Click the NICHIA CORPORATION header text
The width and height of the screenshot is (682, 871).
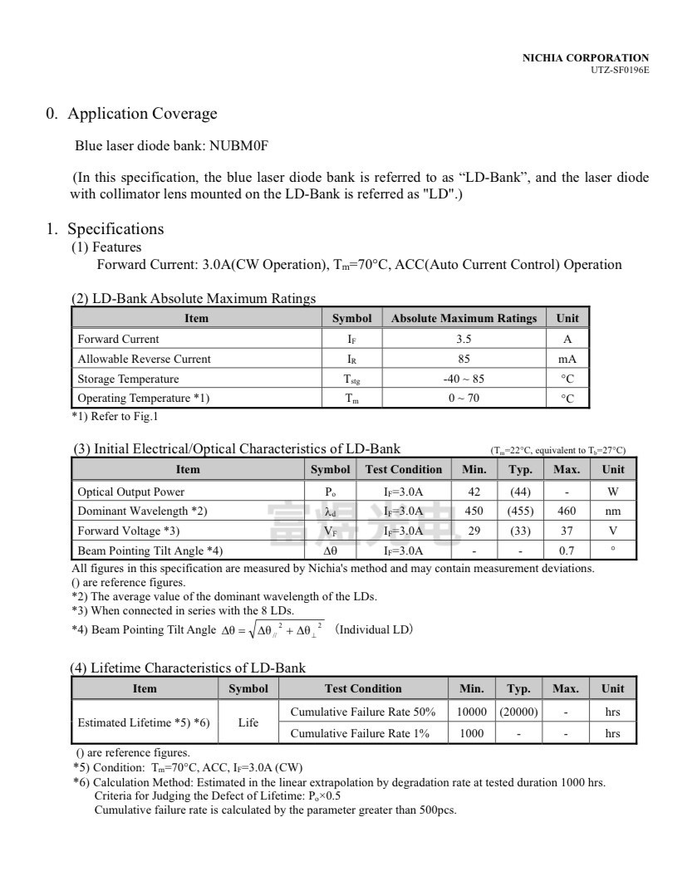click(585, 57)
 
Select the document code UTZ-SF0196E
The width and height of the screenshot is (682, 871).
click(620, 70)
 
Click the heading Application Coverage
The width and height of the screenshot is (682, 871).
click(142, 114)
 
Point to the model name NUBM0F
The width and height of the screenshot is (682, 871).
click(239, 146)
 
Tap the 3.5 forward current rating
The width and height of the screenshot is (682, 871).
click(464, 339)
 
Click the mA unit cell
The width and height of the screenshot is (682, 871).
click(567, 359)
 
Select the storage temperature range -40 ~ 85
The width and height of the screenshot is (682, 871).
click(464, 379)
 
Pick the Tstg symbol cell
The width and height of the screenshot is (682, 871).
click(352, 379)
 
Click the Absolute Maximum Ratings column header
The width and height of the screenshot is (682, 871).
click(464, 318)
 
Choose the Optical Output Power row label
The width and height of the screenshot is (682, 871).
click(131, 492)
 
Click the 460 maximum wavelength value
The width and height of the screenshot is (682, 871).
click(567, 511)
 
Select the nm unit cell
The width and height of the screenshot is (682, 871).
click(613, 511)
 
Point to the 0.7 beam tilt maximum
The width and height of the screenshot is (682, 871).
click(567, 550)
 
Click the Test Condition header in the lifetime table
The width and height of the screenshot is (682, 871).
click(363, 688)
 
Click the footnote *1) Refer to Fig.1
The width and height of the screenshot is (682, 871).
click(115, 416)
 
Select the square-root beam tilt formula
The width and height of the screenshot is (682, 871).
click(273, 630)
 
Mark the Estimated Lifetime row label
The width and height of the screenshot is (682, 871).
click(143, 722)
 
